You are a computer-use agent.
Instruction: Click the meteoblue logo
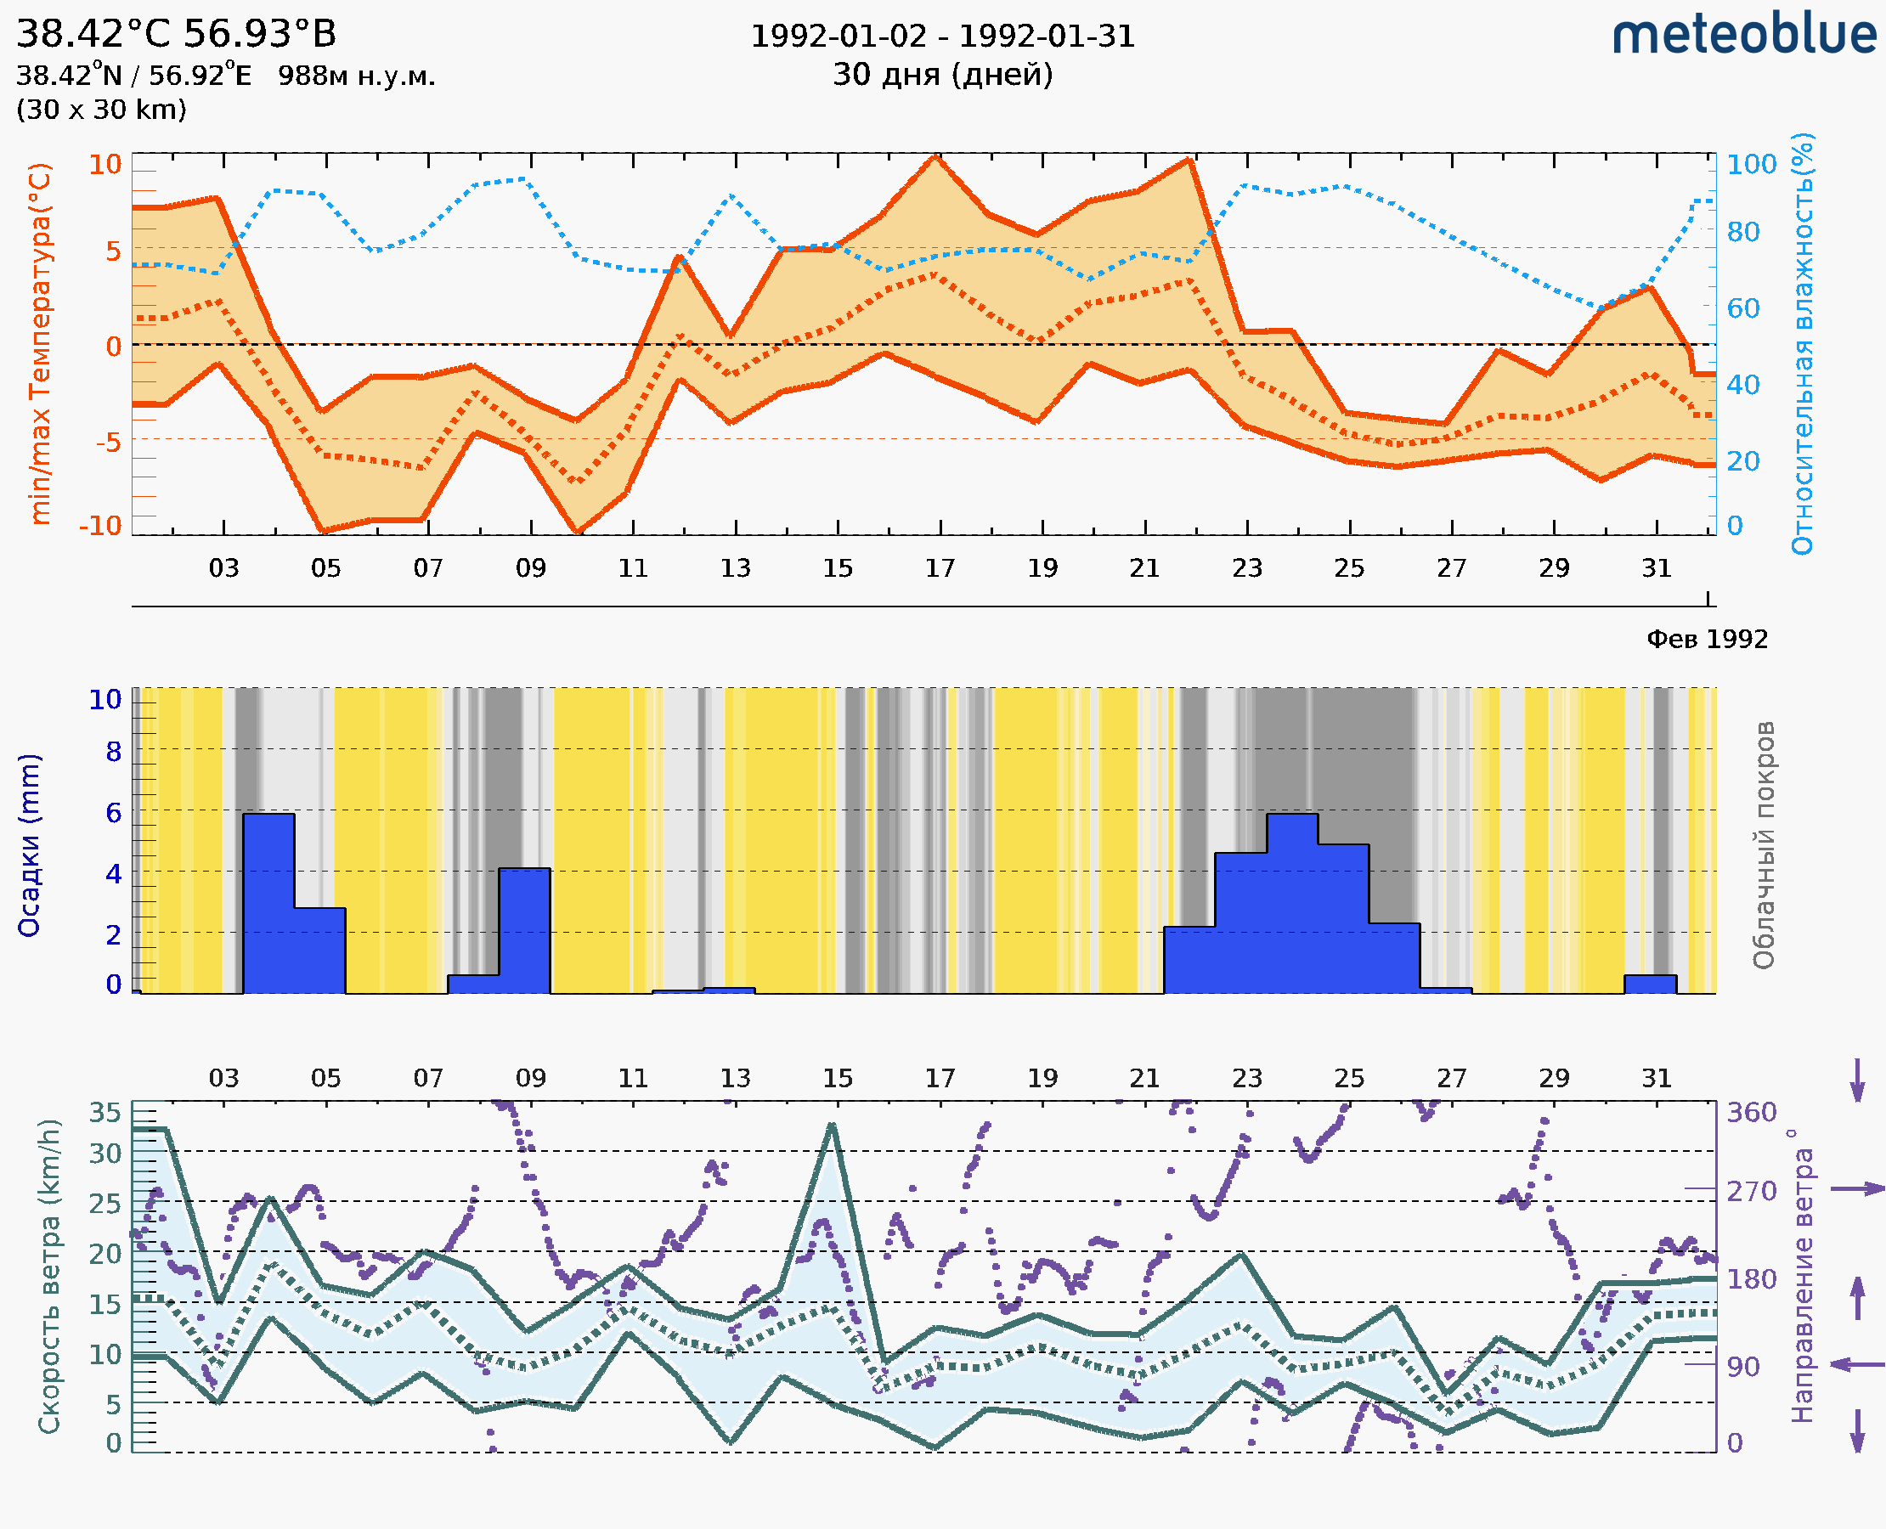(1743, 35)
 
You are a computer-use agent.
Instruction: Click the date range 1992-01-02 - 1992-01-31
(941, 37)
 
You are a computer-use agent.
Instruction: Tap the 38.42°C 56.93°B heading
(176, 34)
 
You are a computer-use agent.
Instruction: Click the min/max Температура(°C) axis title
(40, 343)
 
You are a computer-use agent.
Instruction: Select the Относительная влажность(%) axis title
(1802, 343)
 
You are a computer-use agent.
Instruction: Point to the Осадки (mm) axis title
(29, 844)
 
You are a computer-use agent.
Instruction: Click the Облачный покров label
(1763, 844)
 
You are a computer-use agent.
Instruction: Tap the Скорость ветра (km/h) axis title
(49, 1276)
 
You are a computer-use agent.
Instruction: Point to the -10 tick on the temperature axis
(99, 526)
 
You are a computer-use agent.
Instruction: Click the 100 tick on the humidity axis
(1750, 165)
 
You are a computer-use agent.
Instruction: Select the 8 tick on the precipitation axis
(114, 751)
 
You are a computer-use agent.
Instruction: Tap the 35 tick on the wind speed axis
(104, 1113)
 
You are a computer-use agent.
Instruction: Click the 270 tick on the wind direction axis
(1750, 1191)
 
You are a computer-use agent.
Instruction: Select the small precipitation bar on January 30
(1649, 984)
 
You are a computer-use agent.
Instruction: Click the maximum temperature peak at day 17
(935, 157)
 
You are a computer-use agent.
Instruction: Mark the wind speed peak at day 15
(832, 1125)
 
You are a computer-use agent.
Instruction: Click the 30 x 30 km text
(101, 110)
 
